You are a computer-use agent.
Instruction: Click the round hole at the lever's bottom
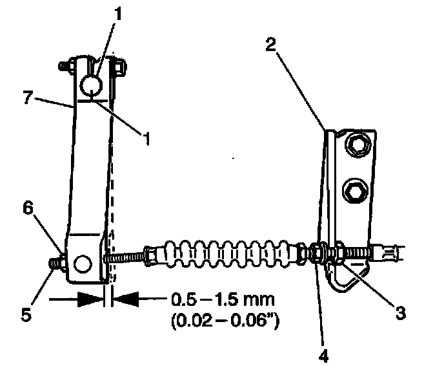coord(82,264)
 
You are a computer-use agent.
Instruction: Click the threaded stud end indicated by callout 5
coord(55,264)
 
